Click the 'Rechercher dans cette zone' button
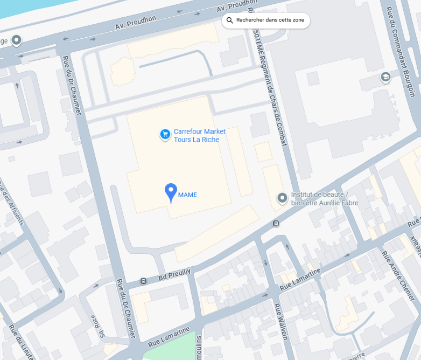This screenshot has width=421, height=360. (266, 20)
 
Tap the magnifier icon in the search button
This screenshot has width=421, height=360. (230, 20)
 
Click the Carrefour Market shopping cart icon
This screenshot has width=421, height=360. (165, 134)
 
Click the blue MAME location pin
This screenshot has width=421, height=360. (171, 191)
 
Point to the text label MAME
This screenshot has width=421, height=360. (188, 195)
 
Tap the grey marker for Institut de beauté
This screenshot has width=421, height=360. (282, 198)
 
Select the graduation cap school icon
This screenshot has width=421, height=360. (385, 78)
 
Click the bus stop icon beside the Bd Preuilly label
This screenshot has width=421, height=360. (143, 281)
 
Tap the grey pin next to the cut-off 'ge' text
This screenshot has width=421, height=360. (17, 40)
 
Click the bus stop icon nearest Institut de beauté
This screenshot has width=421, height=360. (276, 223)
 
